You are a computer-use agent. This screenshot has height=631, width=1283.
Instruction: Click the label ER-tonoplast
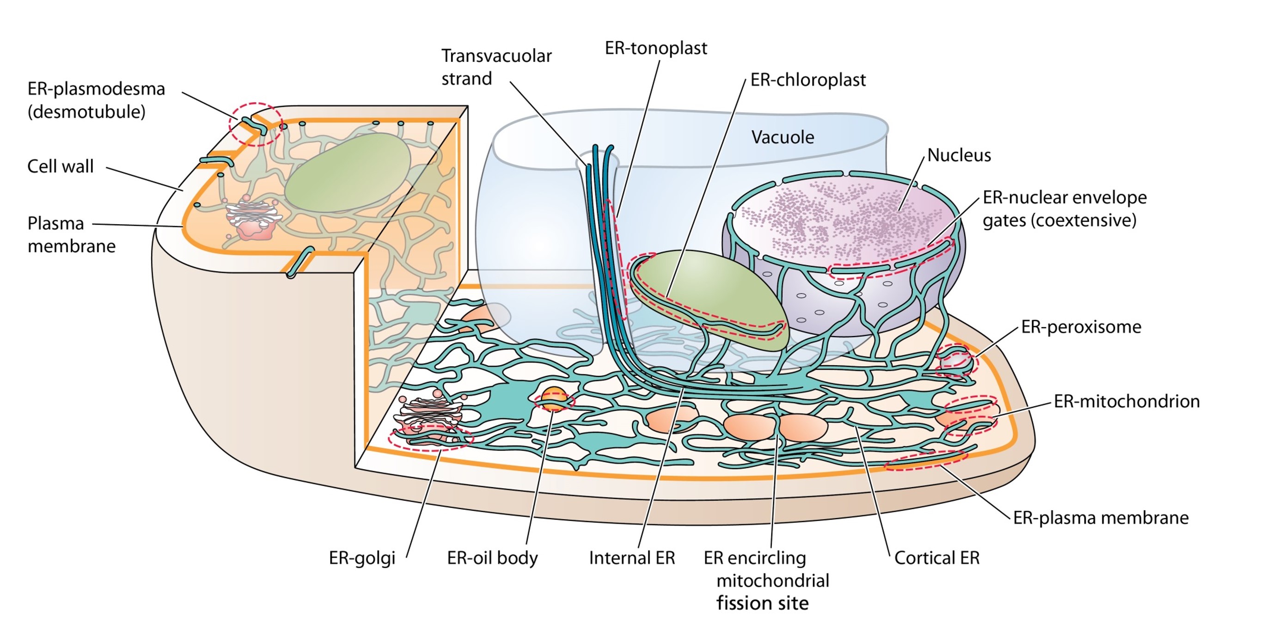click(655, 49)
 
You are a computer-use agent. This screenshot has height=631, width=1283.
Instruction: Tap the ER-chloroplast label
click(808, 80)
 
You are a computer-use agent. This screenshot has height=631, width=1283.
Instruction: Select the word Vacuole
click(782, 137)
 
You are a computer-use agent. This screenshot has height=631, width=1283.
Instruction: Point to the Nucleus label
click(959, 155)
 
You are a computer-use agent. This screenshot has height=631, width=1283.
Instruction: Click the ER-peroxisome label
click(1081, 327)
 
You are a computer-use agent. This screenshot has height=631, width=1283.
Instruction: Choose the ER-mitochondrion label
click(1127, 401)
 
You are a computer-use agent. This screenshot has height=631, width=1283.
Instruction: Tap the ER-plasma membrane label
click(1101, 518)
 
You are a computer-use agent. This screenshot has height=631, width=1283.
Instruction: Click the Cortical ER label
click(936, 558)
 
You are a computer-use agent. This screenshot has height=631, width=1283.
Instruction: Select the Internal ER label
click(631, 558)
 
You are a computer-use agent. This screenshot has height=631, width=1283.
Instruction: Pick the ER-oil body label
click(492, 558)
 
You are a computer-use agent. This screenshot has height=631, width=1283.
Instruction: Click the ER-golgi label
click(362, 558)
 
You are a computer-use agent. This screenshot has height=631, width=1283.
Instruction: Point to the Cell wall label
click(60, 166)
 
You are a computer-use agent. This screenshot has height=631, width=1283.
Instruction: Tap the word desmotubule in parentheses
click(87, 111)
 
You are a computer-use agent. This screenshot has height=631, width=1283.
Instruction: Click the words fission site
click(763, 603)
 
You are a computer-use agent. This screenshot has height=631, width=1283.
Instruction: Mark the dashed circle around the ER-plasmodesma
click(256, 124)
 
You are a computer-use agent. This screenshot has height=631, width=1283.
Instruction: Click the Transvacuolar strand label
click(496, 67)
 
